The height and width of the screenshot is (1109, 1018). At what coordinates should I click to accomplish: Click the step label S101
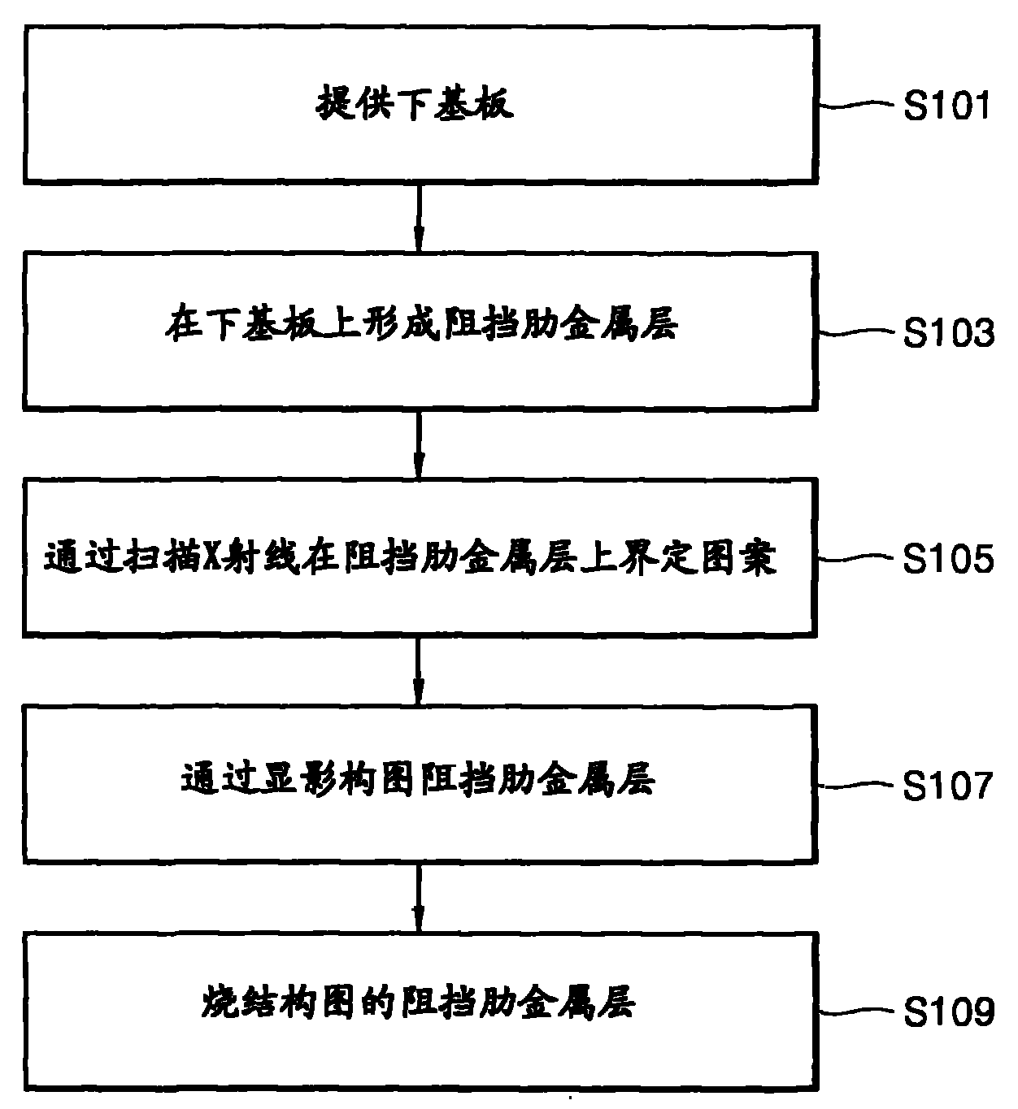coord(948,106)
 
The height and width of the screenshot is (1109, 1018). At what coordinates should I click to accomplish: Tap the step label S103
coord(948,333)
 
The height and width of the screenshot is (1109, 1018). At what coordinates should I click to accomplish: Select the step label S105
coord(948,560)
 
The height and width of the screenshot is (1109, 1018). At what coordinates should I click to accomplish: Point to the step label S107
coord(948,786)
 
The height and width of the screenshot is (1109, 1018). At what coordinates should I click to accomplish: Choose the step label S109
coord(948,1012)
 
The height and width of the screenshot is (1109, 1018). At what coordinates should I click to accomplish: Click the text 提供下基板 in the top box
coord(415,106)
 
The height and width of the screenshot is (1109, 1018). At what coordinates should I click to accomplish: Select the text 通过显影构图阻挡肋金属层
coord(417,779)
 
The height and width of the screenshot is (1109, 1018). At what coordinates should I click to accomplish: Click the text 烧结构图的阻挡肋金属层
coord(418,1003)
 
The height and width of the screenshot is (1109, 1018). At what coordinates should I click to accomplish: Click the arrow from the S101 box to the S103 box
coord(419,216)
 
